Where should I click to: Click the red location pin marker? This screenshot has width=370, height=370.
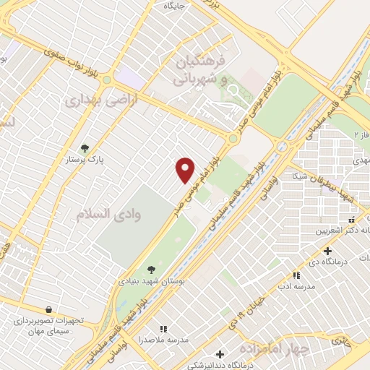tap(186, 170)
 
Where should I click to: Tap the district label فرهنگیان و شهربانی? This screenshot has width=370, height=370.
tap(202, 70)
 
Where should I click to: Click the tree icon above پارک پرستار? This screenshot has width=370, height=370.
tap(85, 148)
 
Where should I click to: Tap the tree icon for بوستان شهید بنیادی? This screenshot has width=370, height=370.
tap(150, 270)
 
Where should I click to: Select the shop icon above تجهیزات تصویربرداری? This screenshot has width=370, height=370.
tap(48, 308)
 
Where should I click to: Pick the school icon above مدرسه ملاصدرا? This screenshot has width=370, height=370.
tap(163, 328)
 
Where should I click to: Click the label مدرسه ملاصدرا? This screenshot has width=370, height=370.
tap(163, 339)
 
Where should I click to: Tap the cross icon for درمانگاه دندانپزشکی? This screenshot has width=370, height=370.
tap(220, 354)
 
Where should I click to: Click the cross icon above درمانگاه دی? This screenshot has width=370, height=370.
tap(327, 251)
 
